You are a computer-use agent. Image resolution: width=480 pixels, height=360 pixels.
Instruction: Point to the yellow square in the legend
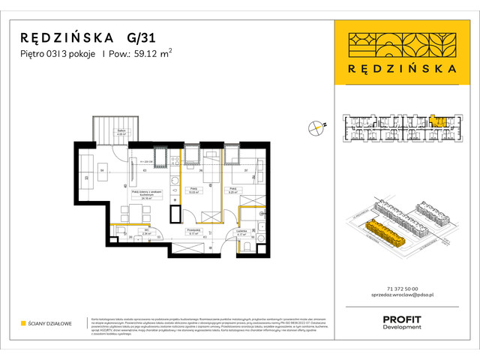23,324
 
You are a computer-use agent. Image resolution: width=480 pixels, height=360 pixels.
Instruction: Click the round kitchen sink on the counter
173,179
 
